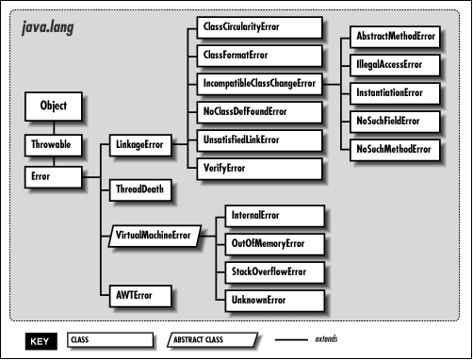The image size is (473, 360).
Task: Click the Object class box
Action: pos(54,106)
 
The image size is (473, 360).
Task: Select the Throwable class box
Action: pos(54,146)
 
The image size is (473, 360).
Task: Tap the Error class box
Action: pos(54,175)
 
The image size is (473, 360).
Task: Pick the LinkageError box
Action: pos(140,146)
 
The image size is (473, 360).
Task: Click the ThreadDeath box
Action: pos(140,188)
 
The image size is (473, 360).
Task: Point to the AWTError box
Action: pos(140,295)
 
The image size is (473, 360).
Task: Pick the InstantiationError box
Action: pos(396,94)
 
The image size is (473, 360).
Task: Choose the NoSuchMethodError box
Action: pos(396,149)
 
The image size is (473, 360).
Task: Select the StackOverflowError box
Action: pos(273,272)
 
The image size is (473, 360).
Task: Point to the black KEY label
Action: pos(39,339)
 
